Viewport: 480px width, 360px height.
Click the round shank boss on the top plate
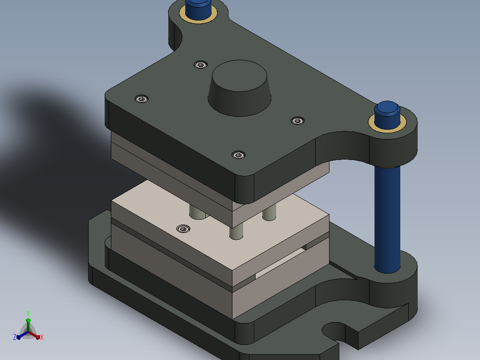pyautogui.click(x=240, y=88)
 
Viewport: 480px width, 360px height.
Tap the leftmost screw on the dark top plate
pyautogui.click(x=142, y=99)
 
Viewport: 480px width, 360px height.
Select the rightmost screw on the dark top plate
pyautogui.click(x=297, y=121)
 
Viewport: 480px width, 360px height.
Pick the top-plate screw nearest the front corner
pyautogui.click(x=239, y=155)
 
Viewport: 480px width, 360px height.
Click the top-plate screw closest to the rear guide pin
pyautogui.click(x=200, y=65)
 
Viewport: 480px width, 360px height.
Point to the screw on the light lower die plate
pyautogui.click(x=183, y=229)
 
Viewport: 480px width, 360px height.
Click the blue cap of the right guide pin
pyautogui.click(x=387, y=115)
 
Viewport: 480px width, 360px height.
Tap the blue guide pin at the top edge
pyautogui.click(x=199, y=9)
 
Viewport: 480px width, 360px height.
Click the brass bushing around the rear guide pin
pyautogui.click(x=199, y=15)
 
